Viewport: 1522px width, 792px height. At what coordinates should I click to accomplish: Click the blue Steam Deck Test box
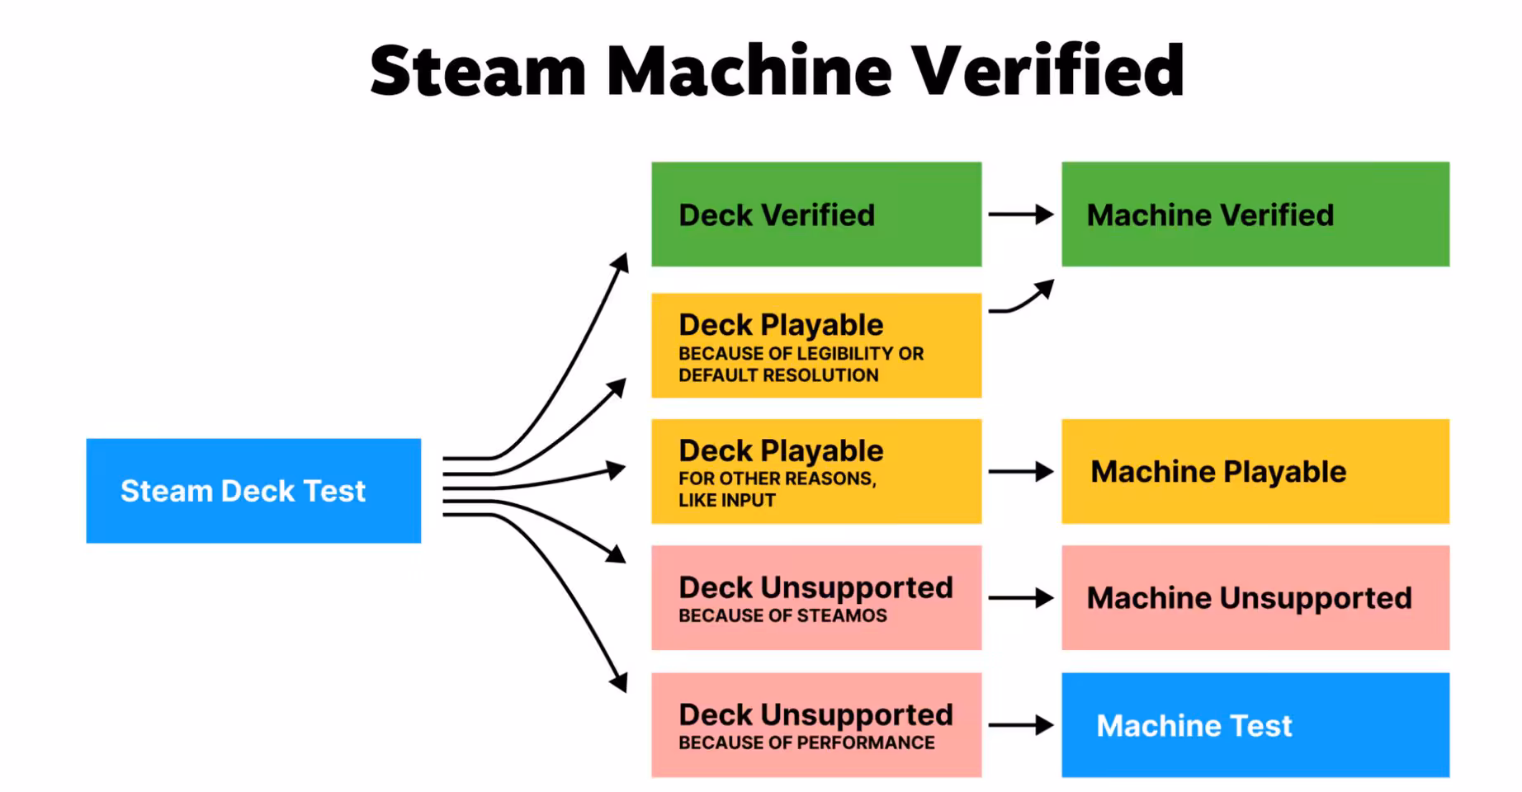pyautogui.click(x=253, y=491)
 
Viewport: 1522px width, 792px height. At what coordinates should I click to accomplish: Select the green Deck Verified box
pyautogui.click(x=815, y=214)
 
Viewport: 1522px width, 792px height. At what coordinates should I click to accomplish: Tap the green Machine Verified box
pyautogui.click(x=1255, y=214)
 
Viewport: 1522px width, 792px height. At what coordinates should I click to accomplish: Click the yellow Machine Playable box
pyautogui.click(x=1255, y=472)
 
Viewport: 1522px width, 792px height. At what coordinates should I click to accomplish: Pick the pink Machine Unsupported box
pyautogui.click(x=1255, y=598)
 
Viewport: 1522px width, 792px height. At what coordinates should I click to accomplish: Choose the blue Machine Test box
pyautogui.click(x=1255, y=725)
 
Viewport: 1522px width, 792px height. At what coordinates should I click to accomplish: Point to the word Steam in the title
pyautogui.click(x=478, y=71)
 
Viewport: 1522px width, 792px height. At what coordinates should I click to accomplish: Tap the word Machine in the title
pyautogui.click(x=749, y=71)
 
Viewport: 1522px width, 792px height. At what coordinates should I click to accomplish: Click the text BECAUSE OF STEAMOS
pyautogui.click(x=782, y=615)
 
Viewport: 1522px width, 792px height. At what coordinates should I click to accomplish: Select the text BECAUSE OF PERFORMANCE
pyautogui.click(x=806, y=742)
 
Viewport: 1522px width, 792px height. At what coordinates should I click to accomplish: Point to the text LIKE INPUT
pyautogui.click(x=726, y=500)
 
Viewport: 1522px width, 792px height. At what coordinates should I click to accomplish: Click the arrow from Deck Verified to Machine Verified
pyautogui.click(x=1020, y=214)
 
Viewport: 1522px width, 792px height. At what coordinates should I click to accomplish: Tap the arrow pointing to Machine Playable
pyautogui.click(x=1020, y=472)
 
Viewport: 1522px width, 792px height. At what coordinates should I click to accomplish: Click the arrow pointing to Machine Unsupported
pyautogui.click(x=1020, y=598)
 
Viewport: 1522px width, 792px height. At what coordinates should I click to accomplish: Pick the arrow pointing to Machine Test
pyautogui.click(x=1020, y=725)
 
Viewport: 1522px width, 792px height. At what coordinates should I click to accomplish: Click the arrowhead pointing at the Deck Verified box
pyautogui.click(x=621, y=262)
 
